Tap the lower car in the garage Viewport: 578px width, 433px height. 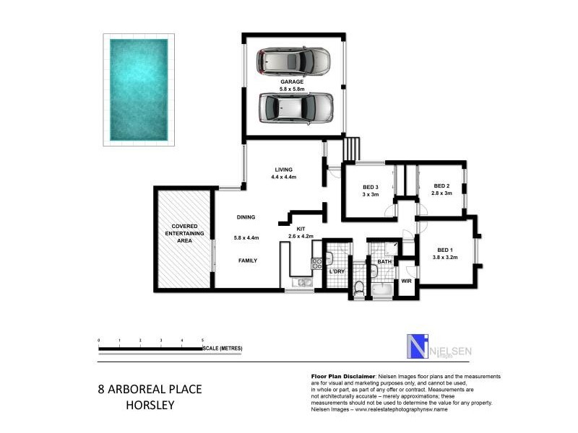[x=296, y=108]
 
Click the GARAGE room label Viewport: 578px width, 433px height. [x=291, y=83]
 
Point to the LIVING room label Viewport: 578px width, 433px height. [x=283, y=170]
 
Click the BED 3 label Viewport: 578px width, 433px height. [x=371, y=187]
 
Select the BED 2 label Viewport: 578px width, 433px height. [x=442, y=186]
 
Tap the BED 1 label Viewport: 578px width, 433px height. [x=444, y=250]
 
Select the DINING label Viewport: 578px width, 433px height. [x=246, y=216]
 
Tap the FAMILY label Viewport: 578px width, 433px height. [x=246, y=261]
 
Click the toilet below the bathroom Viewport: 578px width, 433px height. [x=359, y=288]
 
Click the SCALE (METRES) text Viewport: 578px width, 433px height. [x=223, y=349]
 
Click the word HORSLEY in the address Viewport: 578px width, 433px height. [x=150, y=405]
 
